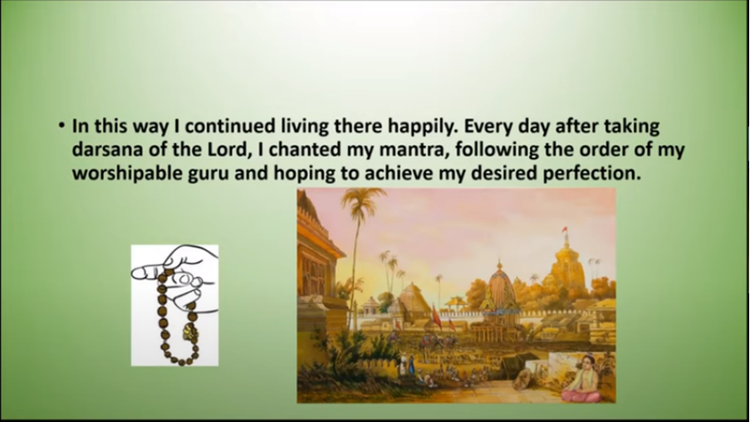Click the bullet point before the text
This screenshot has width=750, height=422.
click(61, 125)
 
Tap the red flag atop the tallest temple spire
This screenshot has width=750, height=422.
click(565, 229)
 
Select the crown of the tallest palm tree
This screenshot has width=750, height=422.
click(362, 199)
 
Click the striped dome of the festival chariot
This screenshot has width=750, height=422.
click(500, 288)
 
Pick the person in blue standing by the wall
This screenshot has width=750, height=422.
click(411, 364)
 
